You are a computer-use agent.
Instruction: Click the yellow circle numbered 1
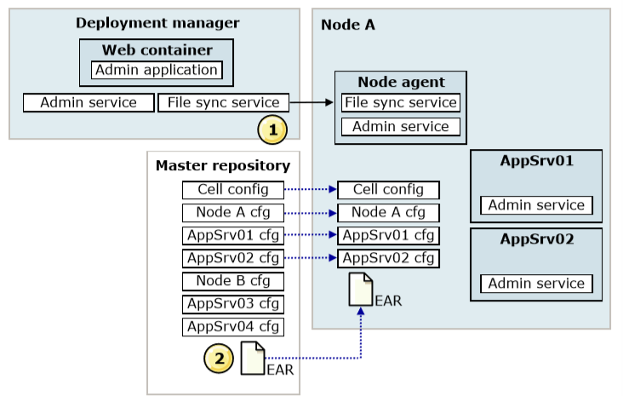pos(272,129)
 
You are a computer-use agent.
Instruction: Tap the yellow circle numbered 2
pos(219,359)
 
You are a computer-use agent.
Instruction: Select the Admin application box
pos(157,70)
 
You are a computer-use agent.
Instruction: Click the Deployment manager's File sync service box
pos(223,102)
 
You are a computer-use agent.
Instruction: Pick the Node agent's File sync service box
pos(401,102)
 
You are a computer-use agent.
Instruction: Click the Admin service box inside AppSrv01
pos(536,205)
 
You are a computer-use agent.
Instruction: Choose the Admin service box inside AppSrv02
pos(536,284)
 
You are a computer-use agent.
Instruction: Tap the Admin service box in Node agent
pos(401,126)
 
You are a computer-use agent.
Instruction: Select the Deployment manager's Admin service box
pos(89,102)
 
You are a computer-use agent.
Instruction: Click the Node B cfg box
pos(233,281)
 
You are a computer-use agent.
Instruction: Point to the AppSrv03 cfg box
pos(233,304)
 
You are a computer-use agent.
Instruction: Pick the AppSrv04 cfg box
pos(233,327)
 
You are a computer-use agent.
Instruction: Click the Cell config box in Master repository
pos(233,190)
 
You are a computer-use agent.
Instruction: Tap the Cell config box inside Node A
pos(388,190)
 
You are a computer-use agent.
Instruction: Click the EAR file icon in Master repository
pos(253,359)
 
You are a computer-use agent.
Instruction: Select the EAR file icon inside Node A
pos(360,290)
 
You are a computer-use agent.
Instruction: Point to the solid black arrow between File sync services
pos(311,102)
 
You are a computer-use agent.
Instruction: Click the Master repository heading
pos(223,166)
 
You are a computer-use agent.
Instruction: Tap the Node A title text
pos(347,25)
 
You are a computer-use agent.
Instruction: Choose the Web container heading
pos(157,50)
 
